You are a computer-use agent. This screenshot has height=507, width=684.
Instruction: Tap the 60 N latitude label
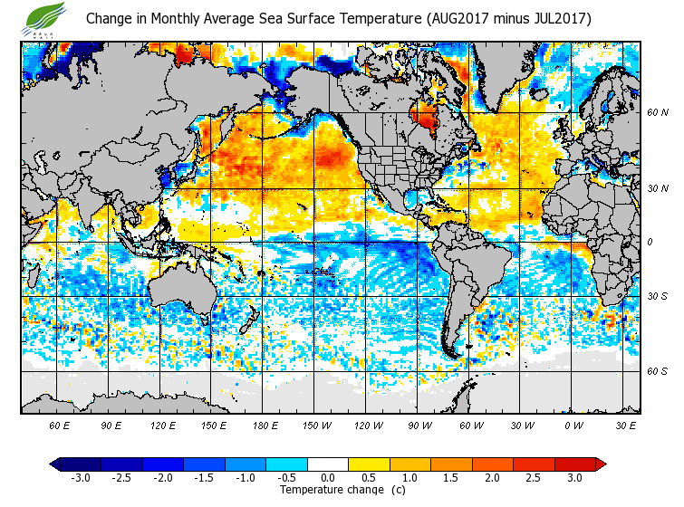pyautogui.click(x=657, y=112)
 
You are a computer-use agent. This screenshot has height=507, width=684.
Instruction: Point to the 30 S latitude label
pyautogui.click(x=657, y=296)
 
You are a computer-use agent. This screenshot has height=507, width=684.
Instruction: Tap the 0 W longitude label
pyautogui.click(x=573, y=425)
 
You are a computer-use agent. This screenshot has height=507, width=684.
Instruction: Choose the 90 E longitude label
pyautogui.click(x=111, y=425)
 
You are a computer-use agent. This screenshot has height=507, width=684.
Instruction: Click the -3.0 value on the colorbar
pyautogui.click(x=80, y=477)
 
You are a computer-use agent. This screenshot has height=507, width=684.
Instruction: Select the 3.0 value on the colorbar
pyautogui.click(x=574, y=477)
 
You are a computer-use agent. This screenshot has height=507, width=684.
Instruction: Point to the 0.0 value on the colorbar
pyautogui.click(x=327, y=477)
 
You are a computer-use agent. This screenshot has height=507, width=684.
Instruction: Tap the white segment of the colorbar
pyautogui.click(x=327, y=464)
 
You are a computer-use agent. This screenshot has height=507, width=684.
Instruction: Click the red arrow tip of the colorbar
pyautogui.click(x=600, y=464)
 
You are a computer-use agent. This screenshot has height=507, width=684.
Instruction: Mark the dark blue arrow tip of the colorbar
pyautogui.click(x=55, y=464)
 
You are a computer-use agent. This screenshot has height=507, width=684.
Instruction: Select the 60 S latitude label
pyautogui.click(x=657, y=371)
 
